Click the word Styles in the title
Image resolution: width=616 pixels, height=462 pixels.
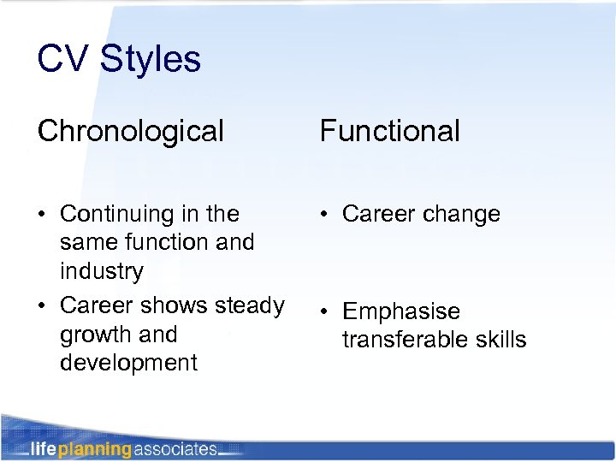point(151,59)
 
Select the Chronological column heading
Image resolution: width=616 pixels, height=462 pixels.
point(131,131)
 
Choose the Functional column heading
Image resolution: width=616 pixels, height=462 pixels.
point(390,131)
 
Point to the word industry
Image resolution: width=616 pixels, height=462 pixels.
point(101,271)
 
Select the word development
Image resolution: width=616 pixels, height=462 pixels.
point(128,363)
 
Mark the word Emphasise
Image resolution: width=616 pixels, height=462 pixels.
point(401,311)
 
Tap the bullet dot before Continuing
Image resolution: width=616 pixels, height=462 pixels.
point(43,214)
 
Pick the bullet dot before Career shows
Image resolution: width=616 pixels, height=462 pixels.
point(43,305)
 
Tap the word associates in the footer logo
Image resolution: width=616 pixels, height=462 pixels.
point(175,448)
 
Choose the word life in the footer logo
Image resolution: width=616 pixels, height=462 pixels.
point(44,448)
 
